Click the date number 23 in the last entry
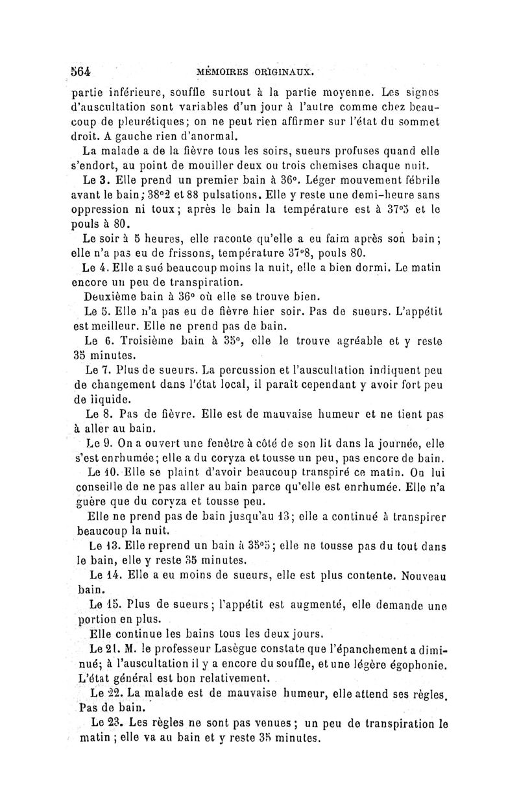[x=115, y=722]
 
